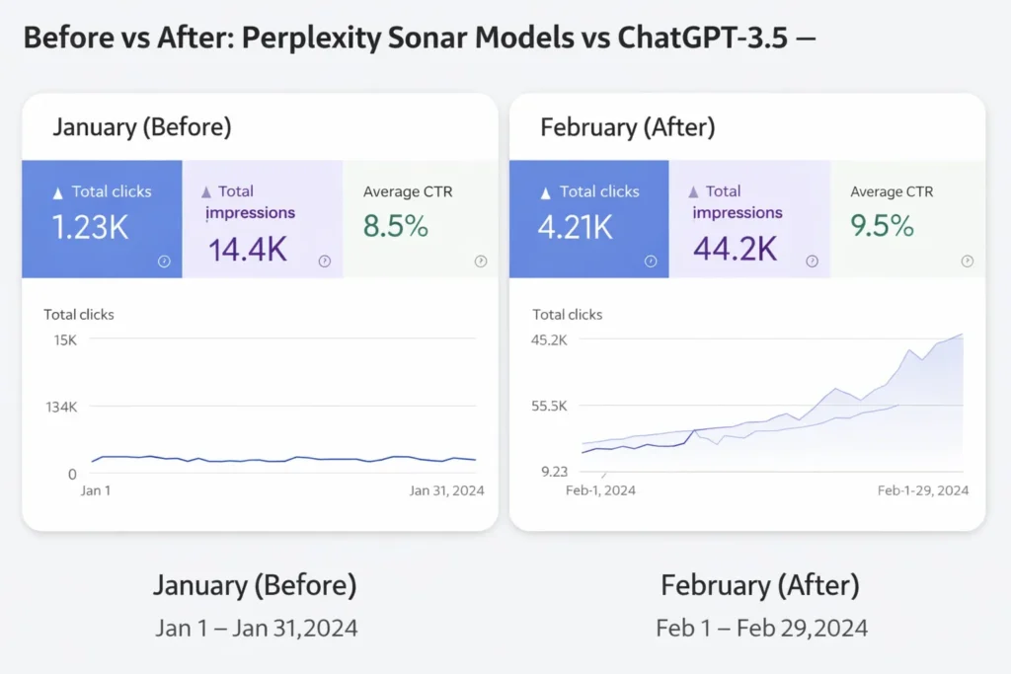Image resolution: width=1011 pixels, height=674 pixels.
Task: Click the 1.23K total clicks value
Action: (91, 227)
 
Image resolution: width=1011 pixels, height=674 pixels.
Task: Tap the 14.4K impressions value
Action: (247, 249)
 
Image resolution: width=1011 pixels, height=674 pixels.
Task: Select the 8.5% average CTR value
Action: (396, 227)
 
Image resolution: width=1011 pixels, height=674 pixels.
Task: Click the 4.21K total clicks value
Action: (576, 227)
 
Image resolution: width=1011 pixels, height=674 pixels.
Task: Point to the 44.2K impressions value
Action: (734, 249)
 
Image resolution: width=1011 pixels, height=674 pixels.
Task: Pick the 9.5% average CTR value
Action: (883, 227)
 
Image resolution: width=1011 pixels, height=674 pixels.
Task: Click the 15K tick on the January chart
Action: (65, 339)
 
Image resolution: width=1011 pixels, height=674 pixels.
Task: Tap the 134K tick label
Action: (60, 407)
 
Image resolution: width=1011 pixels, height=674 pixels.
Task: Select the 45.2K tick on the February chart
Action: (550, 339)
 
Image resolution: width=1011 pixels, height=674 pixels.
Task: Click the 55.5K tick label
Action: (550, 406)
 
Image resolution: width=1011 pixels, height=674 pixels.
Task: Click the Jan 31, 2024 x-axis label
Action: (445, 490)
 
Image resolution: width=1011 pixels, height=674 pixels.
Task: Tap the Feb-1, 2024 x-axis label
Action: (600, 490)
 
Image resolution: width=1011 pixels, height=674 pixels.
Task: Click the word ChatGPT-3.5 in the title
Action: (702, 39)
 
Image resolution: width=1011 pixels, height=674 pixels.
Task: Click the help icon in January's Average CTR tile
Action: (481, 262)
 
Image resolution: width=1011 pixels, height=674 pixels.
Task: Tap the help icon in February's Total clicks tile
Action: (651, 262)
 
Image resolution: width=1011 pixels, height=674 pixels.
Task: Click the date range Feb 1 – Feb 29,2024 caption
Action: (761, 628)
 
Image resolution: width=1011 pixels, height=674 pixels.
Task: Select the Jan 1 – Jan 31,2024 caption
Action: (256, 628)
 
